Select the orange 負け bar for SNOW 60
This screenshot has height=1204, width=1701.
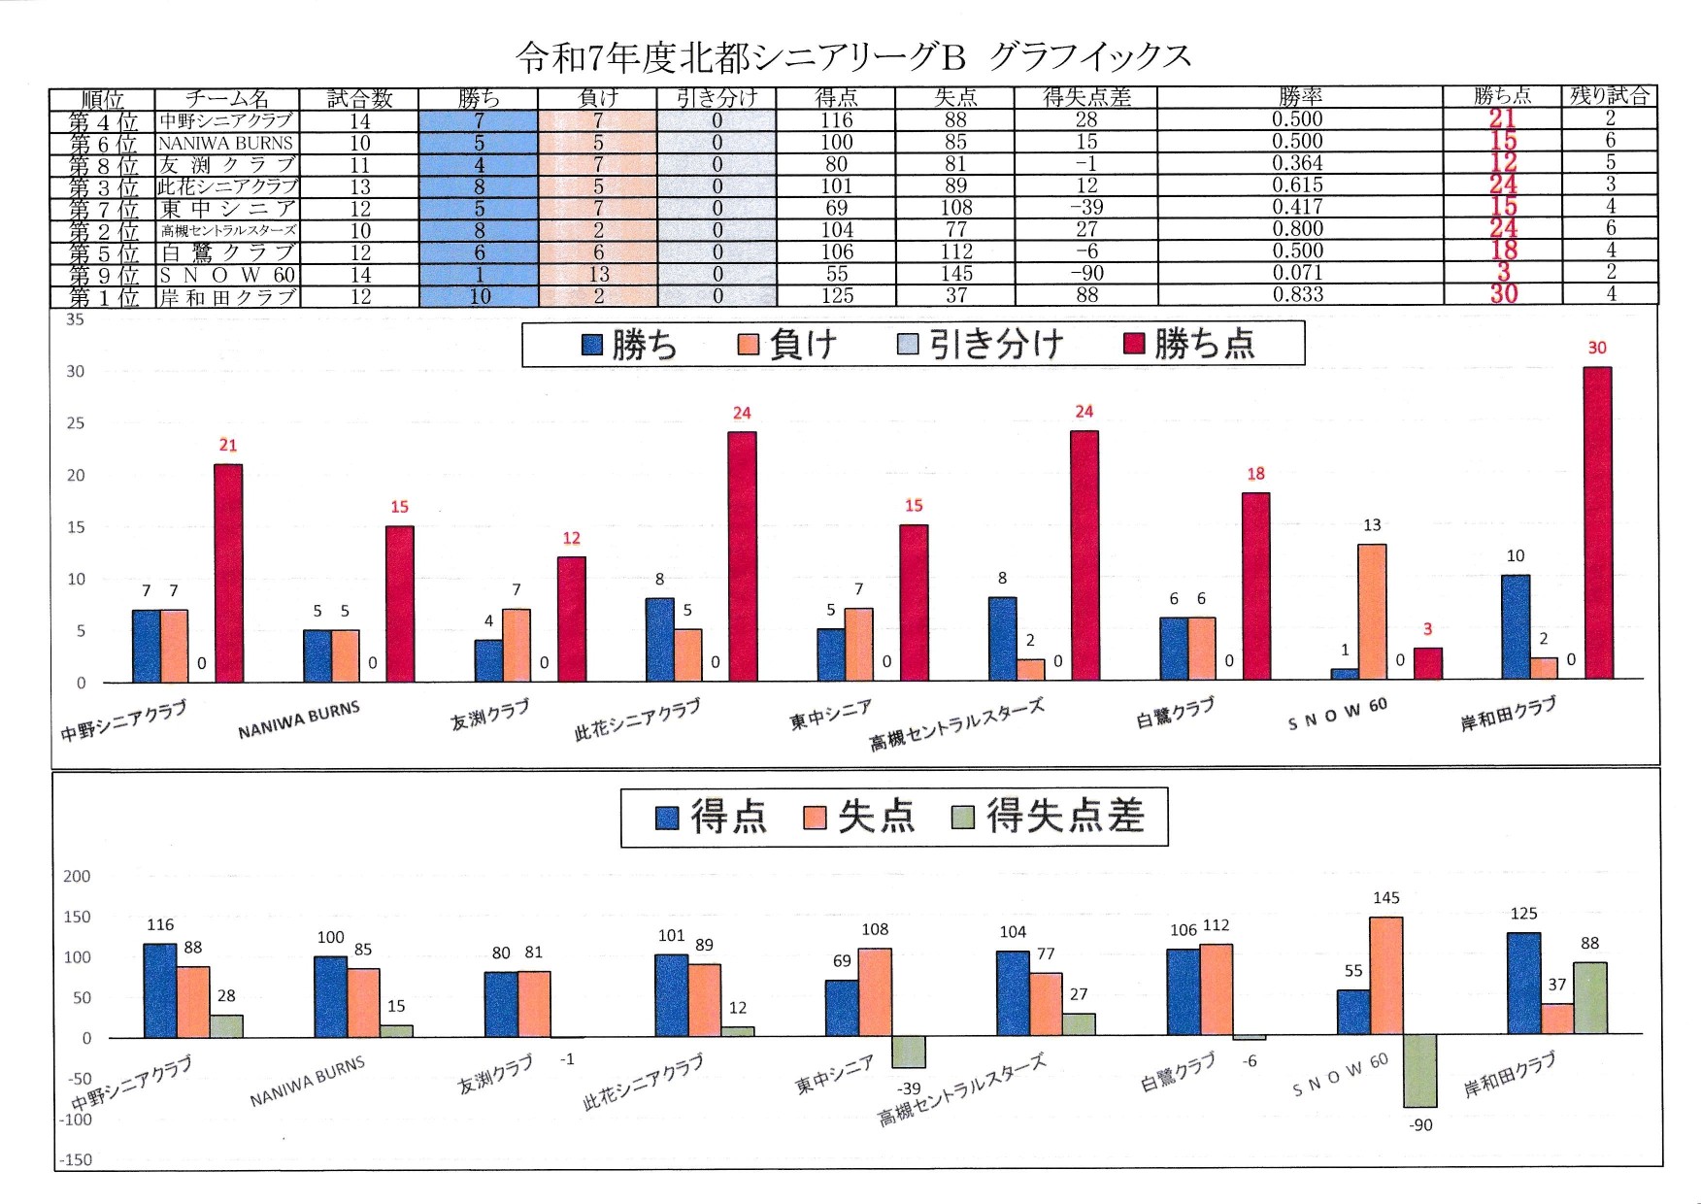pyautogui.click(x=1372, y=612)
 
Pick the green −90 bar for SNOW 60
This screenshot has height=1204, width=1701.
pyautogui.click(x=1419, y=1071)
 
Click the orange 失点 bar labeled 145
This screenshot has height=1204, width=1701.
pyautogui.click(x=1386, y=975)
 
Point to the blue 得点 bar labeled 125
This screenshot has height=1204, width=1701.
pyautogui.click(x=1524, y=983)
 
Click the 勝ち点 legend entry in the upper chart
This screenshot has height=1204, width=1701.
pyautogui.click(x=1189, y=344)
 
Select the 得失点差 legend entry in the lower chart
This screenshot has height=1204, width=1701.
pyautogui.click(x=1049, y=817)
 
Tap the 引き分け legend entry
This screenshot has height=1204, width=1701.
pyautogui.click(x=981, y=344)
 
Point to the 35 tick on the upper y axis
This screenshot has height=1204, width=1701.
pyautogui.click(x=75, y=319)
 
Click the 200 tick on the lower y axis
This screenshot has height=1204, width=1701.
pyautogui.click(x=76, y=876)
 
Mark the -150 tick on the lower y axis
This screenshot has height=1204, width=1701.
pyautogui.click(x=76, y=1159)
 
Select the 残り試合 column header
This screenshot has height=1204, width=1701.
pyautogui.click(x=1609, y=96)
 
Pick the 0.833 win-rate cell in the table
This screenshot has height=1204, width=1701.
pyautogui.click(x=1298, y=295)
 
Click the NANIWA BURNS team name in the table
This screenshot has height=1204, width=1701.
pyautogui.click(x=226, y=143)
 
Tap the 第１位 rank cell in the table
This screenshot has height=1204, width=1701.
pyautogui.click(x=103, y=297)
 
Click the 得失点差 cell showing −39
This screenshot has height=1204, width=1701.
pyautogui.click(x=1085, y=208)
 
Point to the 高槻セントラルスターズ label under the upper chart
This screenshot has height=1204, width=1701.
pyautogui.click(x=956, y=724)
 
